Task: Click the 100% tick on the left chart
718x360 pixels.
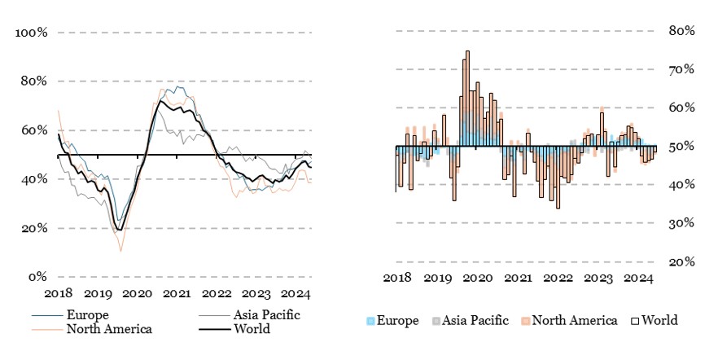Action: pos(32,33)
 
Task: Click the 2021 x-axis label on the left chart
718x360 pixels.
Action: pos(177,294)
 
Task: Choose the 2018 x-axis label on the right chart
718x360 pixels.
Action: pos(397,278)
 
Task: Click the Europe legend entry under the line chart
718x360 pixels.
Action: pos(89,315)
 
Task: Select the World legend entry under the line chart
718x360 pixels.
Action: pos(252,329)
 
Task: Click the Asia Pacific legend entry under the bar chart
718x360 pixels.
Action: pos(474,321)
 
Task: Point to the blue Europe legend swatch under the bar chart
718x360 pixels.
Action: pos(372,321)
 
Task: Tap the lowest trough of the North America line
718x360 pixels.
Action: pos(120,251)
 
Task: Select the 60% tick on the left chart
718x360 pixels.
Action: pos(35,130)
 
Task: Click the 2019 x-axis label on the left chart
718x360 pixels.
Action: pos(98,294)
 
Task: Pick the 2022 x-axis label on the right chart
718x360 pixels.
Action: pos(558,278)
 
